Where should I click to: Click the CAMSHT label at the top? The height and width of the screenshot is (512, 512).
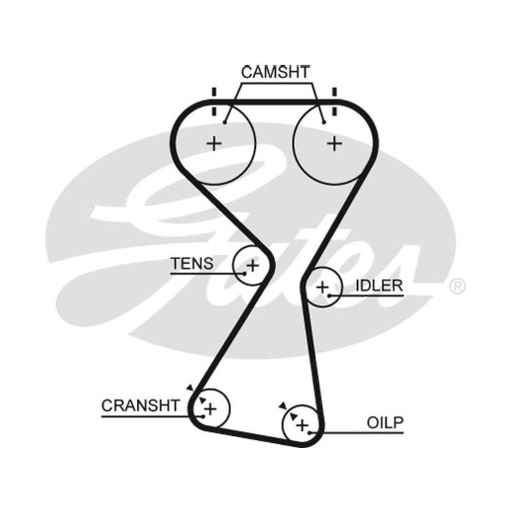coord(275,72)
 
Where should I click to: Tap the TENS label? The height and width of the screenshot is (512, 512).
coord(192,264)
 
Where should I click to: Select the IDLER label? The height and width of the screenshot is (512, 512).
coord(379,285)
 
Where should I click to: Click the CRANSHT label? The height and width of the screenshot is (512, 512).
coord(140,406)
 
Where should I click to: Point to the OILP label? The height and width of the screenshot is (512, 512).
coord(385,422)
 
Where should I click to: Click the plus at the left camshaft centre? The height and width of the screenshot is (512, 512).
coord(214,143)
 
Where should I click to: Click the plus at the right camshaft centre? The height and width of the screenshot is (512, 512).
coord(334,143)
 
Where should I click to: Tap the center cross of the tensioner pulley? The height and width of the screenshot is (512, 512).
coord(253,266)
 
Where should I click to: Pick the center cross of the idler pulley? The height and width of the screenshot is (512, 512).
coord(323,287)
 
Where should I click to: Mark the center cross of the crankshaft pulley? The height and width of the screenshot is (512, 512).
coord(211,409)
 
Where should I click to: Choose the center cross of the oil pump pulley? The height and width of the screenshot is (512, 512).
coord(302,425)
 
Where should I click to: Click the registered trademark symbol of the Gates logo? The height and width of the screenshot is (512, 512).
coord(457,286)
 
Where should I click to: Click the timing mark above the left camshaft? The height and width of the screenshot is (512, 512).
coord(214,102)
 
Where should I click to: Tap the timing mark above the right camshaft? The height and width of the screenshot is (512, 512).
coord(334,102)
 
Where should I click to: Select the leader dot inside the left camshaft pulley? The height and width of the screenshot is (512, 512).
coord(225,122)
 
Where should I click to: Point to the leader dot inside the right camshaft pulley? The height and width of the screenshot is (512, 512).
coord(324,122)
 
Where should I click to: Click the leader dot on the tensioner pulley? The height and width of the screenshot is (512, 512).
coord(244,274)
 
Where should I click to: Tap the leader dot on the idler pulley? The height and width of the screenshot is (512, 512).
coord(330,296)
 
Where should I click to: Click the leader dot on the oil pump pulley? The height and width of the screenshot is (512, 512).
coord(310,433)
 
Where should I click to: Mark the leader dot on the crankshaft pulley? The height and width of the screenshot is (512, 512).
coord(204,417)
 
